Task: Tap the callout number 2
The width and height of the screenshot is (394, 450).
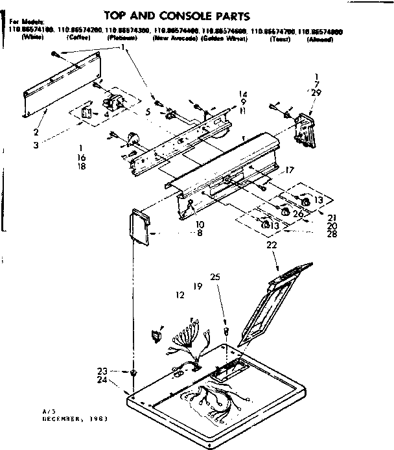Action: [x=36, y=132]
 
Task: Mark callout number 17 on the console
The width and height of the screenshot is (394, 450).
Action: [x=289, y=171]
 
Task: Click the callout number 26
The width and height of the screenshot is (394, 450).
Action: [x=298, y=214]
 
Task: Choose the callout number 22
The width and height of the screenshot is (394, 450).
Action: [x=271, y=244]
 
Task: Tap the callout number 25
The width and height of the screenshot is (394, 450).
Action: [x=215, y=277]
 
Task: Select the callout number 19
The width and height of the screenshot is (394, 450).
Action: [x=197, y=286]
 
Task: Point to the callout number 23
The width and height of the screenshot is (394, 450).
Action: [x=102, y=371]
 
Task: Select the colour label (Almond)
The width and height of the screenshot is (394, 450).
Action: [x=321, y=39]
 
